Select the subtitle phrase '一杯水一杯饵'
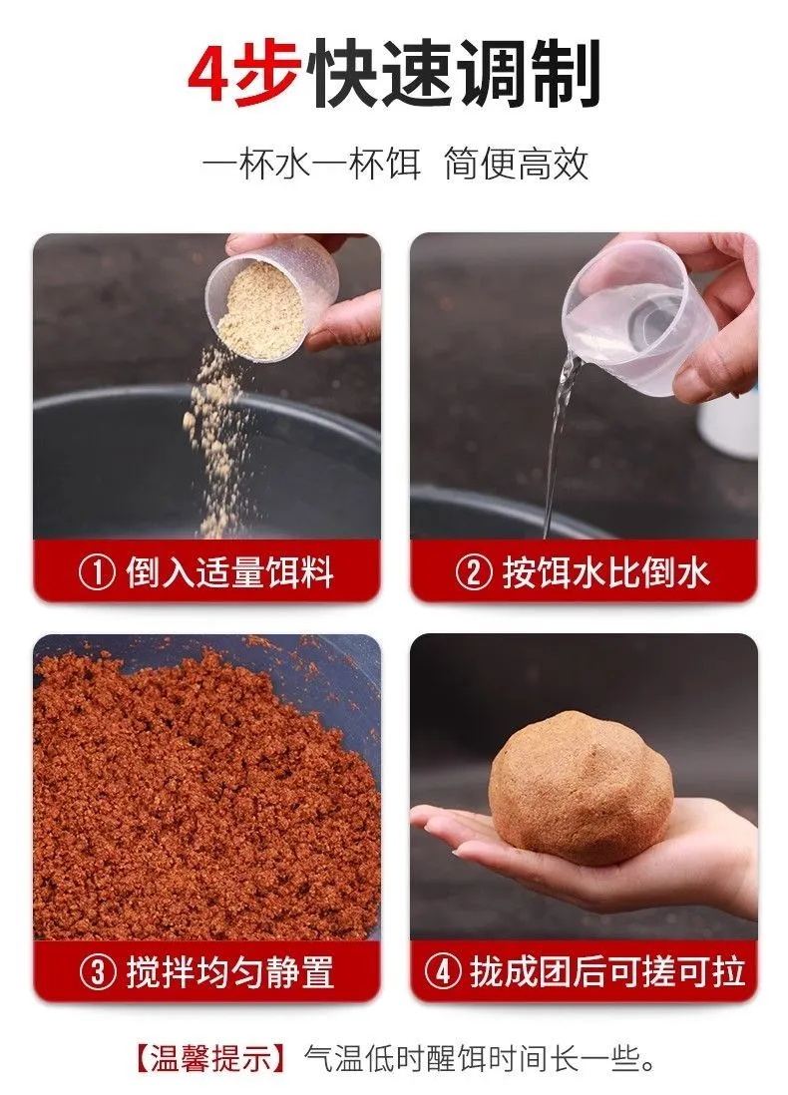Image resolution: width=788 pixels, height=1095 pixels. click(311, 165)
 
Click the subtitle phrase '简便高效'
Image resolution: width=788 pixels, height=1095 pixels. click(517, 165)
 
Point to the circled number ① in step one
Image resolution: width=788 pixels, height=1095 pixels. click(96, 572)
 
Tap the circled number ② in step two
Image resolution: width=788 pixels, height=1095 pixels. click(473, 572)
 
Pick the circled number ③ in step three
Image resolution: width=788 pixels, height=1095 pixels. click(97, 971)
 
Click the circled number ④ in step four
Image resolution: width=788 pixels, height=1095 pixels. click(442, 971)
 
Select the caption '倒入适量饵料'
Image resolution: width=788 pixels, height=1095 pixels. click(229, 572)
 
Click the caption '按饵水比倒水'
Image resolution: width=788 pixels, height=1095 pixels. click(605, 572)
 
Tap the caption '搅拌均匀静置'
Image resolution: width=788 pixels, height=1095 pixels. click(230, 971)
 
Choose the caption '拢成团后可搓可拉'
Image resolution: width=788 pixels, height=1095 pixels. click(607, 971)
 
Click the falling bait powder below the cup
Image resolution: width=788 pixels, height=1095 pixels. click(218, 447)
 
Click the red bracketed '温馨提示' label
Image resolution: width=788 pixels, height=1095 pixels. click(210, 1060)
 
